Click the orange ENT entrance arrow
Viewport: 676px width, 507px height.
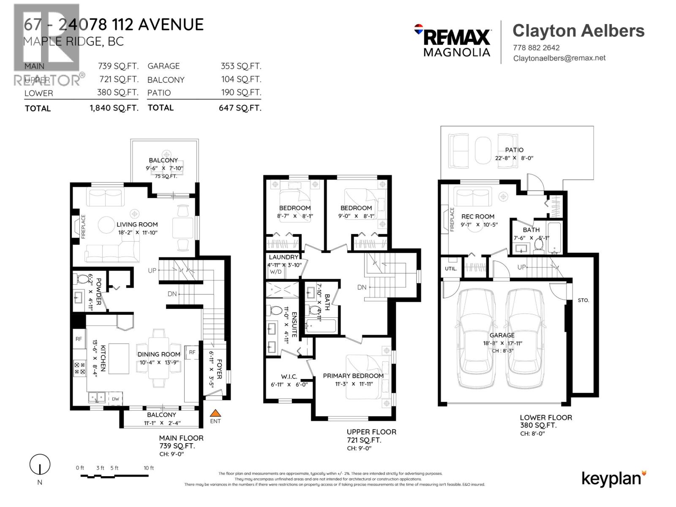click(x=215, y=413)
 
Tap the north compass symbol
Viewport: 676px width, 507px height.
click(x=40, y=465)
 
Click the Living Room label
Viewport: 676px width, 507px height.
click(x=137, y=224)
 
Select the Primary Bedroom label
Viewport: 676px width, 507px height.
click(x=353, y=376)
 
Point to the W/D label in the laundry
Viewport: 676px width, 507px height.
click(x=275, y=272)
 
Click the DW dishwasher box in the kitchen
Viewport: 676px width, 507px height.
click(x=115, y=398)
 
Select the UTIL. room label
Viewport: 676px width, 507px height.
click(x=450, y=268)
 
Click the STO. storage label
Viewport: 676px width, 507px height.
click(x=583, y=300)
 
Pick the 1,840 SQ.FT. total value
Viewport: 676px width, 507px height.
click(x=114, y=108)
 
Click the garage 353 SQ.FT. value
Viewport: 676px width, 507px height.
click(x=241, y=66)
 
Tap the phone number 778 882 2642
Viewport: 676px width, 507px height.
click(x=536, y=48)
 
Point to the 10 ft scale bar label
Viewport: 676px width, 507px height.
click(x=149, y=468)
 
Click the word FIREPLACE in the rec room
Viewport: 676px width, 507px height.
click(x=452, y=219)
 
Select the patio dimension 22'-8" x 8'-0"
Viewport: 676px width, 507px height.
click(x=514, y=158)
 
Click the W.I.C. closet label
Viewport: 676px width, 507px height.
click(x=289, y=376)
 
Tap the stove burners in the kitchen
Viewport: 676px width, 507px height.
click(x=79, y=368)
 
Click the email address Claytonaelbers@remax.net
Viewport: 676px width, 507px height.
click(x=559, y=58)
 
